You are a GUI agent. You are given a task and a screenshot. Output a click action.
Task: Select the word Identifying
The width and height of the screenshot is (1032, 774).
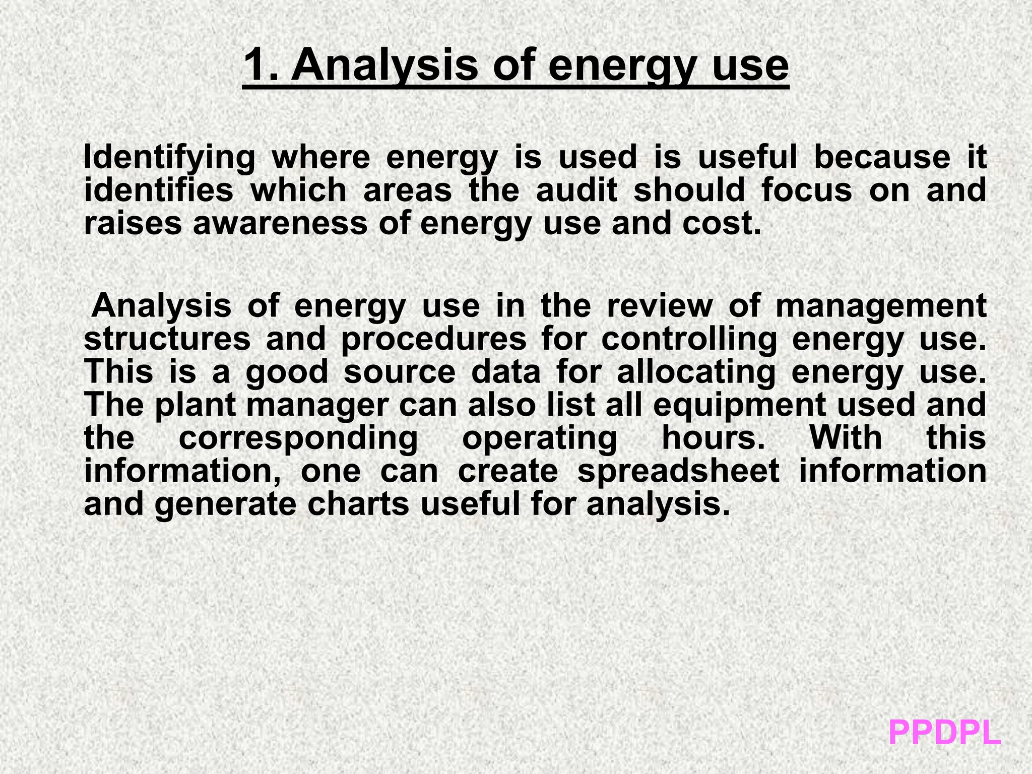click(169, 157)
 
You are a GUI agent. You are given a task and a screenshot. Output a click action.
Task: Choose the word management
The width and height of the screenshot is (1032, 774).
click(880, 306)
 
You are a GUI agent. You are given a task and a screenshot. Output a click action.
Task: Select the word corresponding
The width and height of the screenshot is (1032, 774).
click(298, 438)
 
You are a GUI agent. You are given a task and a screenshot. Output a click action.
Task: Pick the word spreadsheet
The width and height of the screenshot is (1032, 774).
click(678, 471)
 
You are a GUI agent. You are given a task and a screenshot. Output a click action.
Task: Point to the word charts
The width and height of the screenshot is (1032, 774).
click(358, 504)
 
